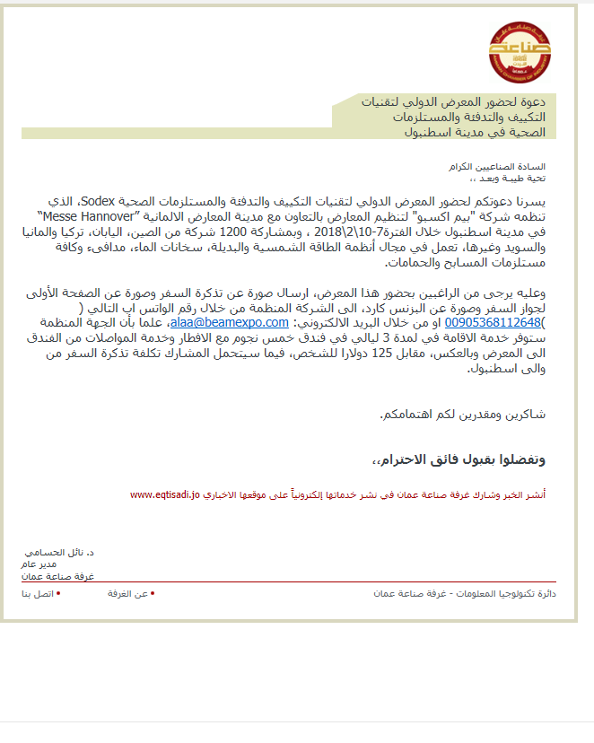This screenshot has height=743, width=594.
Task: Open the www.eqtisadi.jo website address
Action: (163, 494)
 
